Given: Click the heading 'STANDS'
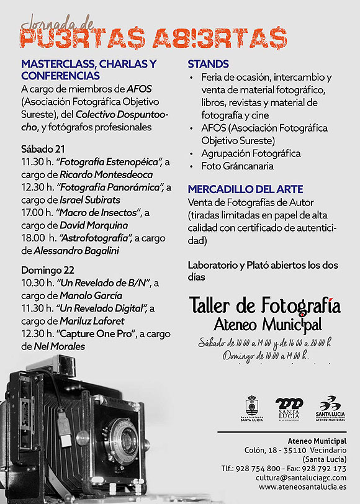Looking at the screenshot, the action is pos(209,64).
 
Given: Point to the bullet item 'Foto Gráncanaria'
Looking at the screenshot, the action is pos(237,166).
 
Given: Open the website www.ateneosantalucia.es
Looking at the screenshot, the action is pos(302,488).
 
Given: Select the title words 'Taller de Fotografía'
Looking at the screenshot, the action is pos(264,306).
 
